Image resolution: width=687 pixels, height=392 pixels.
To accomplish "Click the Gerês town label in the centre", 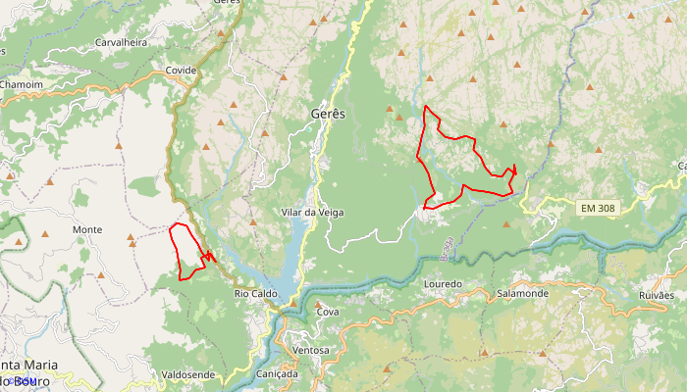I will pos(328,115).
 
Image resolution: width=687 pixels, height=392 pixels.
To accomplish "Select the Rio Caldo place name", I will pos(256,293).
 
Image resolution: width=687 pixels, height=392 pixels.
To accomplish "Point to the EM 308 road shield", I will pos(598,208).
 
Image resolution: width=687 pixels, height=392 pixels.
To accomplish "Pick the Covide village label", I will pos(181,71).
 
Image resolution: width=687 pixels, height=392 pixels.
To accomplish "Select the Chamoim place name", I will pos(22,85).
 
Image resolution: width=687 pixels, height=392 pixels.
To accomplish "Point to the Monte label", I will pos(87,229).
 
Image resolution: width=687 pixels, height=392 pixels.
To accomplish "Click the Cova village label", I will pos(327,312).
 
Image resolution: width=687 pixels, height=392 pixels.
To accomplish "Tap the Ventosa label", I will pos(310,350).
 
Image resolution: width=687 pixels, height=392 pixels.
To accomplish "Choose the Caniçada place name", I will pos(276,374).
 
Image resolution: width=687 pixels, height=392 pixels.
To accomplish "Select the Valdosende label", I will pos(187,374).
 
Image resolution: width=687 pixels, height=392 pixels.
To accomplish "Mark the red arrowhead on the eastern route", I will pos(513,169).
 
